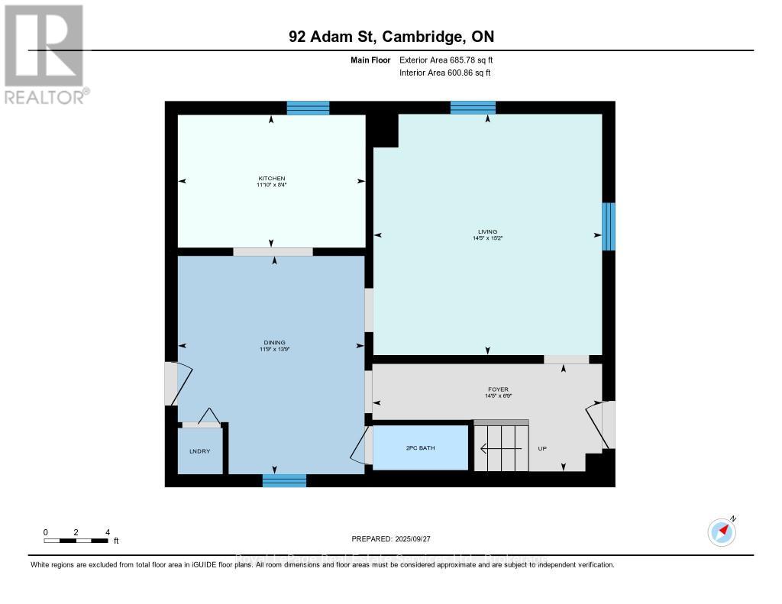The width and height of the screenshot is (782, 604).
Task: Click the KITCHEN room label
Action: (x=271, y=178)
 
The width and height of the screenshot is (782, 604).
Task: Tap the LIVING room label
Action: (x=487, y=231)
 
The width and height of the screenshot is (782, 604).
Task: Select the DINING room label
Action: (x=274, y=342)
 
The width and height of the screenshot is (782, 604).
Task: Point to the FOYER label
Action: (x=498, y=389)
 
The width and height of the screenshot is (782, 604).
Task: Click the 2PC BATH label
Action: (x=419, y=447)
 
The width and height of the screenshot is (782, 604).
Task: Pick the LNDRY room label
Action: (x=199, y=451)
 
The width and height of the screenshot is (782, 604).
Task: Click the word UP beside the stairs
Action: (x=543, y=448)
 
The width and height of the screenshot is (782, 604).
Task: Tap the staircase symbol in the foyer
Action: (x=501, y=447)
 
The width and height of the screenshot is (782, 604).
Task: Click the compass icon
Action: (x=721, y=531)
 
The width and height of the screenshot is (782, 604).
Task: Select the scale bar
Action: (x=76, y=540)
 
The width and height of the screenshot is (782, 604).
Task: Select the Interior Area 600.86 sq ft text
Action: (x=444, y=73)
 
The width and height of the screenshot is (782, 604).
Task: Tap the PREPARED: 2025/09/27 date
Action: (x=393, y=538)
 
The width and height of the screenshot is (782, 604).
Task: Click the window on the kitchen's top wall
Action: (x=308, y=108)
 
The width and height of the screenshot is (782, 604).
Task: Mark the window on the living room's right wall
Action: (x=608, y=226)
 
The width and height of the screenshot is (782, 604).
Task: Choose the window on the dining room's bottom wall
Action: (x=284, y=480)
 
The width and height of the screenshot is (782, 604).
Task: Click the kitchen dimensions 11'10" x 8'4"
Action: (x=271, y=185)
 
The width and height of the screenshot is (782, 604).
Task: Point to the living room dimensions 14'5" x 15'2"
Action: (x=487, y=238)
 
